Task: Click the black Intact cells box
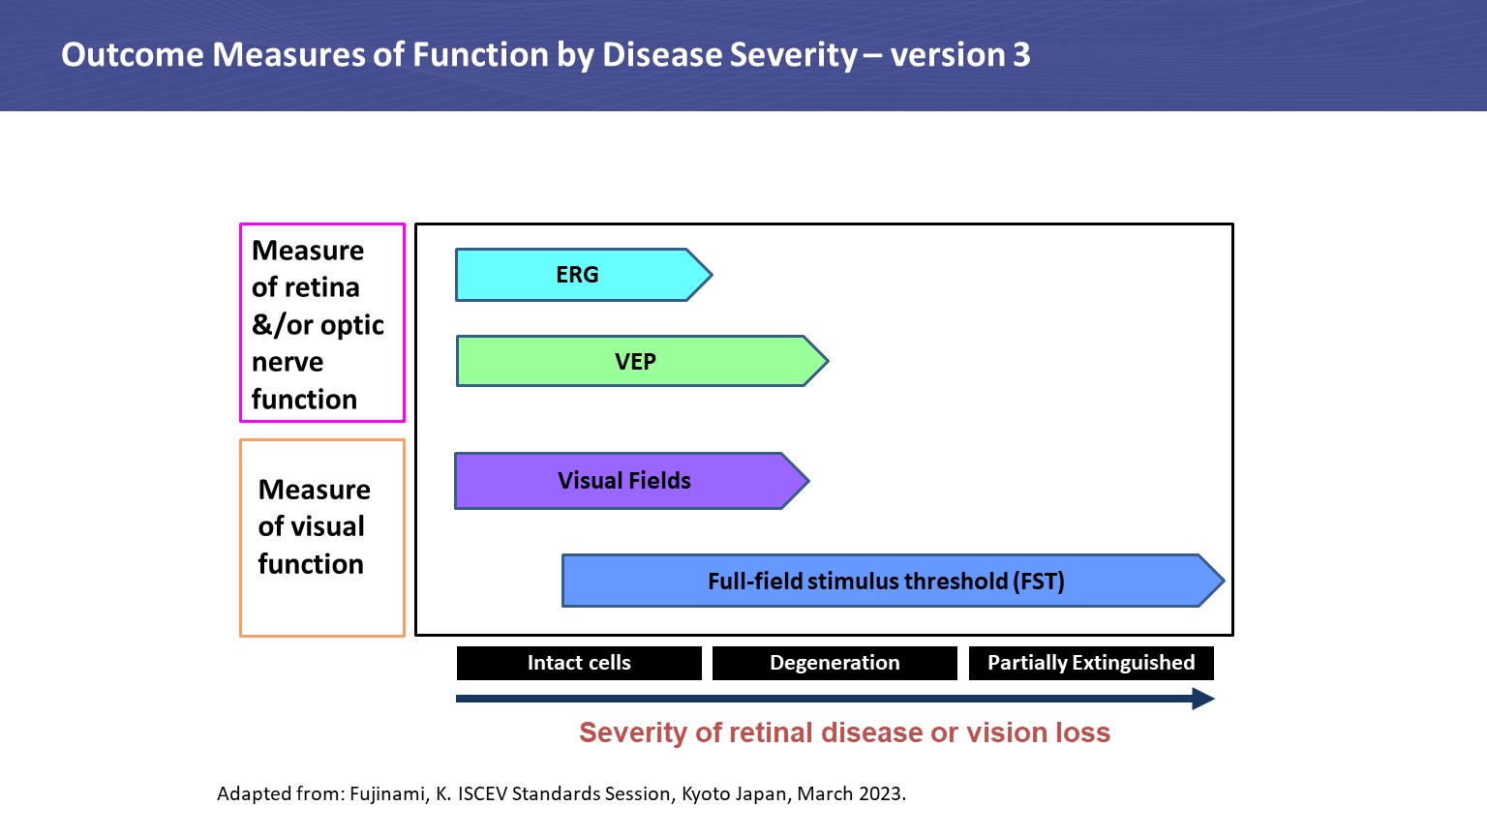(x=579, y=663)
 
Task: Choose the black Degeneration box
(x=835, y=663)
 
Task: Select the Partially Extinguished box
(x=1091, y=663)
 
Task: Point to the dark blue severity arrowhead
(x=1202, y=699)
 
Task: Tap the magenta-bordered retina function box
(x=321, y=323)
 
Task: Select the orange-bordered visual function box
(x=321, y=538)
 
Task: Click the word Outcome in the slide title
(x=133, y=55)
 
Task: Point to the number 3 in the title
(x=1021, y=55)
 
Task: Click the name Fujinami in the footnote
(x=389, y=794)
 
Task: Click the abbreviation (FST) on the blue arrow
(x=1038, y=582)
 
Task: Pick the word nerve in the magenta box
(x=288, y=363)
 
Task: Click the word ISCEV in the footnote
(x=482, y=794)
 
